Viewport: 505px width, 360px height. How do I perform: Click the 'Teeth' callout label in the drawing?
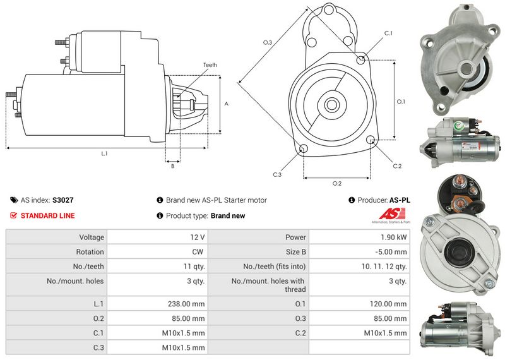pos(210,65)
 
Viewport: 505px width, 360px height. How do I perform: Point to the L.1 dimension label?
pos(105,153)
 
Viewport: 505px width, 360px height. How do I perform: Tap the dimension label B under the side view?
pos(172,166)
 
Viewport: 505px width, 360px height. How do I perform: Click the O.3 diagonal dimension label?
pos(268,42)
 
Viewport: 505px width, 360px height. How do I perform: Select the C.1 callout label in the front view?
pos(388,33)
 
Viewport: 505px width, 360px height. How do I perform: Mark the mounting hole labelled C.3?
pos(304,149)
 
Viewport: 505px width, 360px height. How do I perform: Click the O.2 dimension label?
pos(336,183)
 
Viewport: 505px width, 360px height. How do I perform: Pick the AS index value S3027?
pos(63,200)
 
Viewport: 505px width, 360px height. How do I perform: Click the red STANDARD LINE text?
pos(47,216)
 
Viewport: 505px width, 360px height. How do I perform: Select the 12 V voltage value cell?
pos(198,237)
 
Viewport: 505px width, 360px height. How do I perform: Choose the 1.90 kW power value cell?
pos(395,237)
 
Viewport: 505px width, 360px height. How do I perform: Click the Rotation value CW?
pos(199,252)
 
